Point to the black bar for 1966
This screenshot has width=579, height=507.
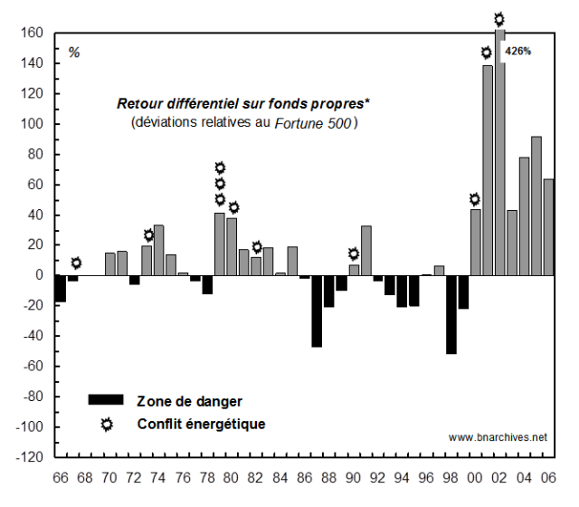coord(62,288)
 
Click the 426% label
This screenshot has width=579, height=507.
coord(518,51)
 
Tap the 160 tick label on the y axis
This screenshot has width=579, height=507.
coord(32,33)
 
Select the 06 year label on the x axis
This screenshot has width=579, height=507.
coord(548,478)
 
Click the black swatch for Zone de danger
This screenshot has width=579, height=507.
coord(105,399)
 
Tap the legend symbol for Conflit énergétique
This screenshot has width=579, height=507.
coord(107,425)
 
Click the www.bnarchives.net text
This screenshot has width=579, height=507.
coord(498,437)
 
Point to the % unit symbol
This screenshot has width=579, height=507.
coord(74,53)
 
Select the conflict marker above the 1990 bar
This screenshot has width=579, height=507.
coord(354,253)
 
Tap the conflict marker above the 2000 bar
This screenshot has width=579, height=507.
coord(475,199)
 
